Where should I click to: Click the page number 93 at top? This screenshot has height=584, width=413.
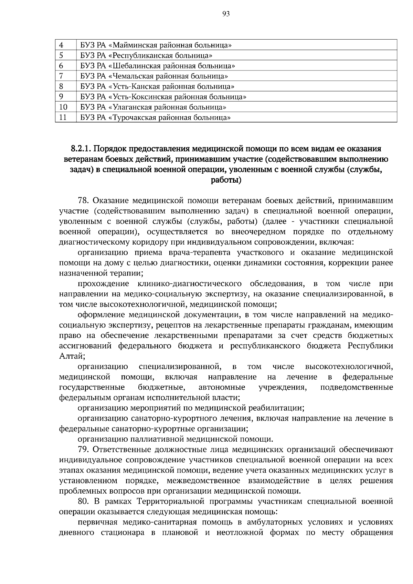226,14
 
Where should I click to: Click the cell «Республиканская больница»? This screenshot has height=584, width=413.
146,55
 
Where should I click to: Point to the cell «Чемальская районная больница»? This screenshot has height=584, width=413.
154,76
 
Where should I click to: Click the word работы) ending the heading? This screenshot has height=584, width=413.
226,180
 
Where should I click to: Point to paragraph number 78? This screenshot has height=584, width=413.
84,201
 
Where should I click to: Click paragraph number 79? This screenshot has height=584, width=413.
84,450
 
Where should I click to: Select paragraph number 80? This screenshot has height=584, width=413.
84,501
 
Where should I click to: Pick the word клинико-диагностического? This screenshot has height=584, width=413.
189,284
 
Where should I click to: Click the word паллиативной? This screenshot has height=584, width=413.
157,439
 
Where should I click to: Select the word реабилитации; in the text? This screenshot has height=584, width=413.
280,408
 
